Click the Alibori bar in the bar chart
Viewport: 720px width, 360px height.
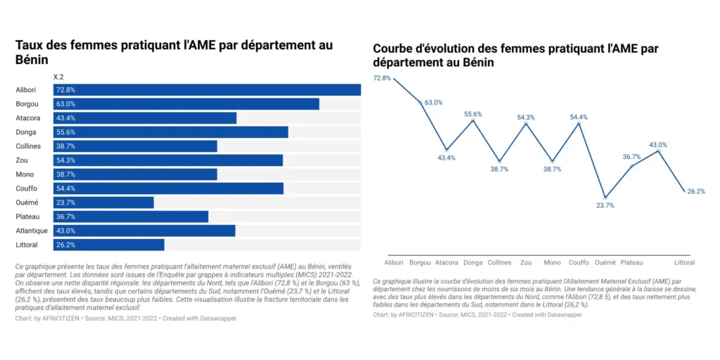[207, 90]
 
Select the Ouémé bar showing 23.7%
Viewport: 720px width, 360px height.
[103, 202]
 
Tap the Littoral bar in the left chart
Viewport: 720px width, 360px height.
[108, 245]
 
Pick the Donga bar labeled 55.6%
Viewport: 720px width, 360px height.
[170, 132]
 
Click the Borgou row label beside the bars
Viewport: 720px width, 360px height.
[27, 104]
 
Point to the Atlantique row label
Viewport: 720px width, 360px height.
[32, 231]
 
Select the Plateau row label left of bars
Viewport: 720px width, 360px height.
[27, 217]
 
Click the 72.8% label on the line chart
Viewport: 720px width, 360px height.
[382, 78]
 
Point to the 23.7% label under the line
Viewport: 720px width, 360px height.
[605, 206]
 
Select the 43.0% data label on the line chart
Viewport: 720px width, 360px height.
[658, 145]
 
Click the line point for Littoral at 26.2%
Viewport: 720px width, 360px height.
[684, 191]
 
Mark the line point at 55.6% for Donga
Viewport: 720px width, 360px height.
[473, 121]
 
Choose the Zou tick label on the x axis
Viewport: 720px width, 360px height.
[526, 262]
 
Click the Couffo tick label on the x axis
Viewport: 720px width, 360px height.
[579, 262]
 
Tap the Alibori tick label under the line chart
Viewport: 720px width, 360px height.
[394, 262]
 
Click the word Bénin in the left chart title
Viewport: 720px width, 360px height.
[31, 60]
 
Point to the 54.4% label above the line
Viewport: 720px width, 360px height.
[579, 117]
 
